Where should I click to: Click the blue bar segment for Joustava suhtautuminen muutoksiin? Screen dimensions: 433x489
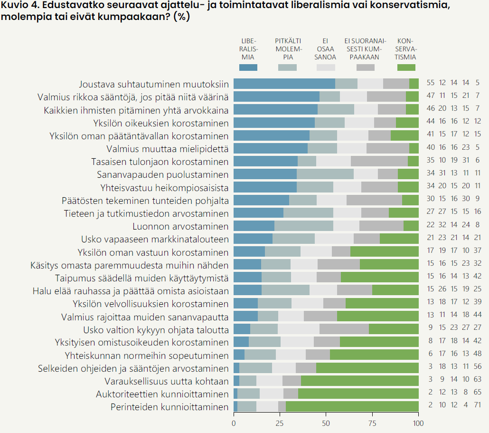284,84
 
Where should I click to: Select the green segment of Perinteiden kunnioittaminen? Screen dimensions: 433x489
352,406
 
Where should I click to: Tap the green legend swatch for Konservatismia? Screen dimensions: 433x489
406,67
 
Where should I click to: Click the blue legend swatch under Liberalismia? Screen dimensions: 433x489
248,67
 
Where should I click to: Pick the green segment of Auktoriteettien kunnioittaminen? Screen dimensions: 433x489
358,394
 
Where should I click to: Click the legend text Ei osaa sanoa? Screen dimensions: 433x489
326,48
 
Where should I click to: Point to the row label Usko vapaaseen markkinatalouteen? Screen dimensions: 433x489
155,239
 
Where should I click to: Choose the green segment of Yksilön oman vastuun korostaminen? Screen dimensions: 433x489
384,252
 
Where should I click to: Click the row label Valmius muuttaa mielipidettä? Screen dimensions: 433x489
168,149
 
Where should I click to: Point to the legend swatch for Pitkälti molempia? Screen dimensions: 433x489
287,67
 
